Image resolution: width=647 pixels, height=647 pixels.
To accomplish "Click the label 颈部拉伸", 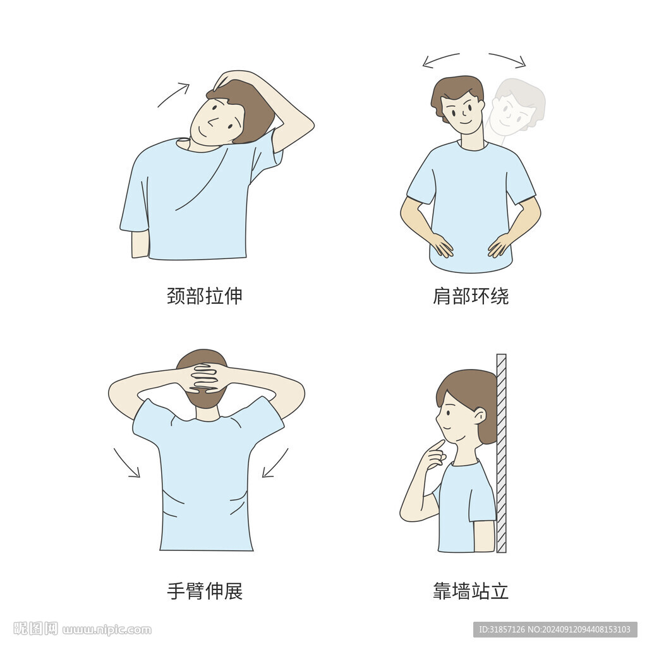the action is (204, 296).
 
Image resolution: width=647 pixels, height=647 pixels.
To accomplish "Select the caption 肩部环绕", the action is (471, 296).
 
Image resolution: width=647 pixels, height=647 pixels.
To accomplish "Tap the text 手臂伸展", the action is (204, 591).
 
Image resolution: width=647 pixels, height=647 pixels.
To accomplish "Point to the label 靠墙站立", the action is (471, 591).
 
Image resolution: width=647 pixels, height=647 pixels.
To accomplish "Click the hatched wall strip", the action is (501, 453).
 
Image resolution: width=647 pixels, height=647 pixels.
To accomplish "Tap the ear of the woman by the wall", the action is (480, 416).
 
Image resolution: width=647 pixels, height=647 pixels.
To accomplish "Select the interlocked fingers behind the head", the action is (205, 378).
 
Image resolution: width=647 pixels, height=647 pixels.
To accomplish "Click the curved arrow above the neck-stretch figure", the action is (173, 95).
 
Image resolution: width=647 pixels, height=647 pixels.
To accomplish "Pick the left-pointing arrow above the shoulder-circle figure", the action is (440, 59).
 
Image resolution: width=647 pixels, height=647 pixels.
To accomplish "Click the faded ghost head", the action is (516, 107).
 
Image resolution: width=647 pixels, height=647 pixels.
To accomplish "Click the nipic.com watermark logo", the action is (83, 629).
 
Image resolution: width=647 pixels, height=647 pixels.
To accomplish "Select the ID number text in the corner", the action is (555, 629).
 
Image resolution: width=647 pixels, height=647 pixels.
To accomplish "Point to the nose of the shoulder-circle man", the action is (464, 112).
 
